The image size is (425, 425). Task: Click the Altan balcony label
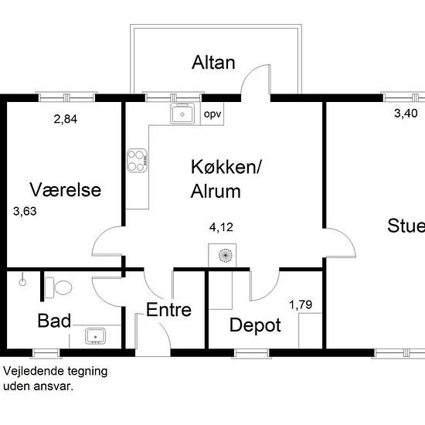click(213, 63)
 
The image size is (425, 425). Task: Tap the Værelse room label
click(66, 189)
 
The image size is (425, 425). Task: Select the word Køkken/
click(226, 167)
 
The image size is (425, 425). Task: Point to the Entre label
click(168, 310)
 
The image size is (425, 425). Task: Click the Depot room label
click(255, 325)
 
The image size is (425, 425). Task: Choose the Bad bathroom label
click(54, 321)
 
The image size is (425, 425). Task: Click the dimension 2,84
click(66, 119)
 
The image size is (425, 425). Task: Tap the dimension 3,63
click(25, 211)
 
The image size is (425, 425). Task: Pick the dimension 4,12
click(221, 227)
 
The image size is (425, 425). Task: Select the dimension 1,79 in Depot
click(301, 305)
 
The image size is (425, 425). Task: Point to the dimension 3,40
click(406, 114)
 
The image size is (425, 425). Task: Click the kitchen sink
click(182, 114)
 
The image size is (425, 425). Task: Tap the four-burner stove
click(137, 160)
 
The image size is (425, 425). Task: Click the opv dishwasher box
click(212, 114)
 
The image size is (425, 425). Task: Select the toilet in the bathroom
click(58, 287)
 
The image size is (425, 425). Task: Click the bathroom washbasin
click(95, 336)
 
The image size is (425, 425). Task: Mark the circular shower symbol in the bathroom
click(22, 282)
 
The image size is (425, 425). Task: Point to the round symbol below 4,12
click(226, 255)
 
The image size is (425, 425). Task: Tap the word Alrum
click(216, 192)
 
